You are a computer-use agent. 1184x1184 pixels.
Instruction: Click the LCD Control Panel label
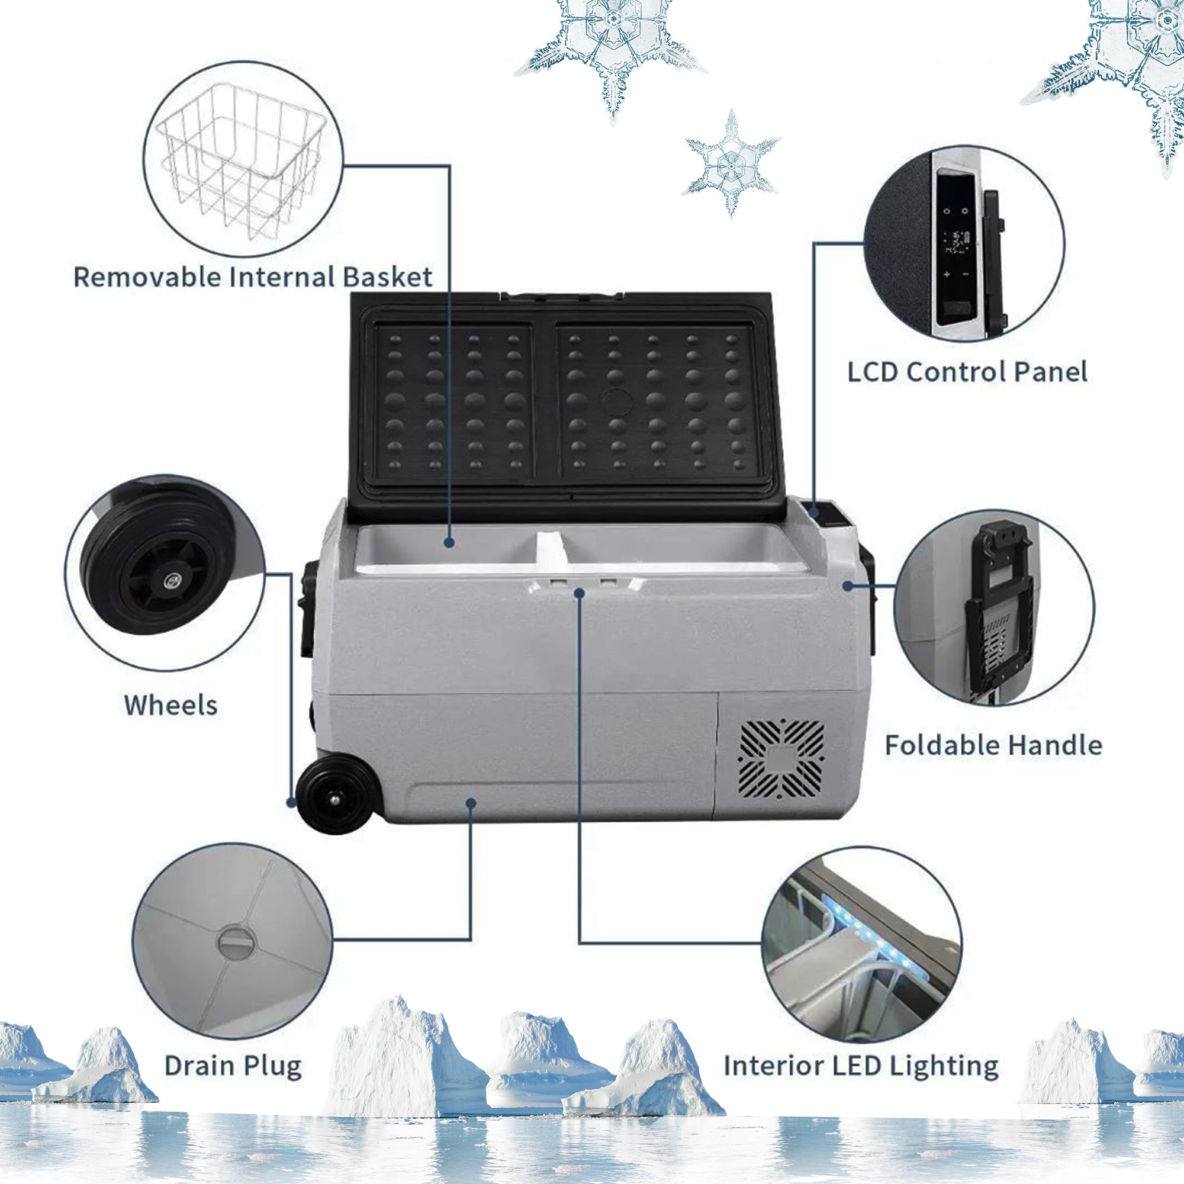point(967,372)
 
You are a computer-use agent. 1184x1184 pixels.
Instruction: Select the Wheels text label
point(171,706)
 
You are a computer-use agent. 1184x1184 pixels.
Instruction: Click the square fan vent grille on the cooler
point(781,761)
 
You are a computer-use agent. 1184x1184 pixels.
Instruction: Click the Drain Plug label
point(233,1066)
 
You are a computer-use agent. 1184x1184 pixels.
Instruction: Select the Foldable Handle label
point(993,746)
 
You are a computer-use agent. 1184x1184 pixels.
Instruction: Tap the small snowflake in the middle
point(731,163)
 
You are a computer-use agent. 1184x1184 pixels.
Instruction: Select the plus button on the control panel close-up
point(947,275)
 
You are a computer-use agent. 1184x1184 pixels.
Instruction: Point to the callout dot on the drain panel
point(471,802)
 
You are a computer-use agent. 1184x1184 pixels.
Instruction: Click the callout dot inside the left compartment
point(449,542)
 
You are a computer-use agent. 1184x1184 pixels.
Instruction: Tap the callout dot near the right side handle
point(848,587)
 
